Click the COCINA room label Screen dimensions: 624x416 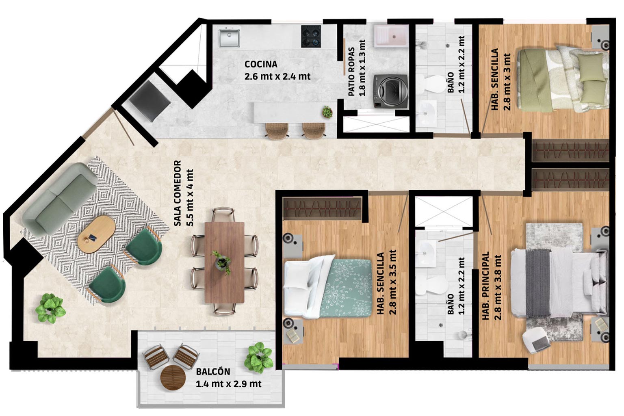pyautogui.click(x=261, y=64)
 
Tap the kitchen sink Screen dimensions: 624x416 pyautogui.click(x=229, y=38)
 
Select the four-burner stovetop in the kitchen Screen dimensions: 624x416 pyautogui.click(x=311, y=36)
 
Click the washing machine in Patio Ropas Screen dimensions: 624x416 pyautogui.click(x=390, y=91)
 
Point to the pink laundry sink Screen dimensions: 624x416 pyautogui.click(x=391, y=36)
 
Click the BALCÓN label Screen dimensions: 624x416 pyautogui.click(x=213, y=372)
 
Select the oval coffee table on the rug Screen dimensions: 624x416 pyautogui.click(x=96, y=234)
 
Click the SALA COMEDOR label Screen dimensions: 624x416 pyautogui.click(x=178, y=193)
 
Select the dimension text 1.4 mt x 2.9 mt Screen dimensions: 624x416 pyautogui.click(x=228, y=384)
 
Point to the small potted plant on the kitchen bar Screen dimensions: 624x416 pyautogui.click(x=327, y=112)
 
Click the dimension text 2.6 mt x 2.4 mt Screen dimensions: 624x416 pyautogui.click(x=277, y=76)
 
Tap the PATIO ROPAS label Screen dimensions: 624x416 pyautogui.click(x=351, y=71)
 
